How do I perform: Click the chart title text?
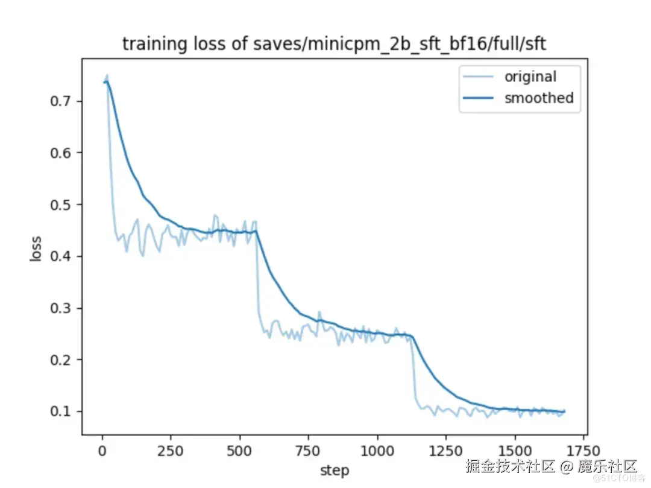point(334,44)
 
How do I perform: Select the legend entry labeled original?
point(530,77)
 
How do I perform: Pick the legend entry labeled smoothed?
point(538,98)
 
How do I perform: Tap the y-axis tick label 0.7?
point(60,101)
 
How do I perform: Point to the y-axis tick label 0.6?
point(60,153)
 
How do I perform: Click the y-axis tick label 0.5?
point(60,205)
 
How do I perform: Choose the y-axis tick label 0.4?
point(60,257)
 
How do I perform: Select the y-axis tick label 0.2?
point(60,360)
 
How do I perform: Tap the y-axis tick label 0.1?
point(60,412)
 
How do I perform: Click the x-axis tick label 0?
point(102,451)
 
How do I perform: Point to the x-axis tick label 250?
point(171,451)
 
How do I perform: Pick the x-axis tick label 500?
point(240,451)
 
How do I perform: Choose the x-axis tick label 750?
point(309,451)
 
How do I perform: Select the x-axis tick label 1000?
point(377,451)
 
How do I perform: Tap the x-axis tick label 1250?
point(446,451)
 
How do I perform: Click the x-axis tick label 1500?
point(515,451)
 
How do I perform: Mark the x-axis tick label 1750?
point(583,451)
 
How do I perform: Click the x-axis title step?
point(334,470)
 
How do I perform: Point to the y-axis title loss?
point(36,247)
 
